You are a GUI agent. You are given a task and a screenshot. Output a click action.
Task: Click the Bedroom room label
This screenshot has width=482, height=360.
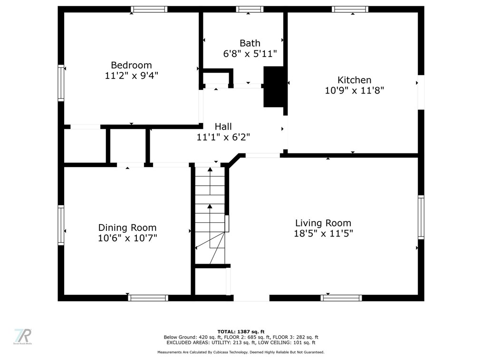[x=131, y=65]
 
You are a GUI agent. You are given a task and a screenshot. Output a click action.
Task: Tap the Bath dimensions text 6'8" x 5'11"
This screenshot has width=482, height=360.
[x=250, y=54]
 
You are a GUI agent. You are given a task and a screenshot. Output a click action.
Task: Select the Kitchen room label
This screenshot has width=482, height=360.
[x=355, y=80]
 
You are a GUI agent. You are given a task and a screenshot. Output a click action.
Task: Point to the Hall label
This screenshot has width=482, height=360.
[x=223, y=126]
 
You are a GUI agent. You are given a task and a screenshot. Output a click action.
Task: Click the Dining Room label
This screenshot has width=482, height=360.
[x=127, y=227]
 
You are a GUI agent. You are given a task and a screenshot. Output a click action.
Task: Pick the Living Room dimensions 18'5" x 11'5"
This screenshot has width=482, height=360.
[x=323, y=234]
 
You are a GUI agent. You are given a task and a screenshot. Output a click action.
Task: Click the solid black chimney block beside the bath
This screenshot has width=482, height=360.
[x=274, y=86]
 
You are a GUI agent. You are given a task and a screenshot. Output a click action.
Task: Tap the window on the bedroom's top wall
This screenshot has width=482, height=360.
[x=149, y=9]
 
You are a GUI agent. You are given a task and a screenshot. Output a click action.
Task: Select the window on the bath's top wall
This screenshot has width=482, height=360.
[x=250, y=9]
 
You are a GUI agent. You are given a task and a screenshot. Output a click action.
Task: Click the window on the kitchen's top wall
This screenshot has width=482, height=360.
[x=350, y=9]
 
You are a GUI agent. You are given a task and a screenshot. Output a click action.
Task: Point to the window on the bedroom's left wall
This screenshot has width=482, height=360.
[x=61, y=83]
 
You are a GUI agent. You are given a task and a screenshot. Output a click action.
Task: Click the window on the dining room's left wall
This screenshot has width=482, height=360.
[x=61, y=225]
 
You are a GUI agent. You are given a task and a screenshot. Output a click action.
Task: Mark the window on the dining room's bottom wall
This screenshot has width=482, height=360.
[x=148, y=298]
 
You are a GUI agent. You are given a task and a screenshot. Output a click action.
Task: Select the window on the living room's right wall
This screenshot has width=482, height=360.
[x=421, y=217]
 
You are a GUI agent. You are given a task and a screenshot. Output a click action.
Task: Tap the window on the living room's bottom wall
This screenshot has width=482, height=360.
[x=341, y=298]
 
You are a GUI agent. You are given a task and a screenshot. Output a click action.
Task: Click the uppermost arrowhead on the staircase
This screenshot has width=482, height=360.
[x=210, y=169]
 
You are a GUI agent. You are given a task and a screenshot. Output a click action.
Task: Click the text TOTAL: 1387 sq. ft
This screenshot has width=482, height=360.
[x=241, y=332]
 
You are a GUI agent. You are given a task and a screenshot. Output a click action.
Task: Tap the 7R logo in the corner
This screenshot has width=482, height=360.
[x=23, y=337]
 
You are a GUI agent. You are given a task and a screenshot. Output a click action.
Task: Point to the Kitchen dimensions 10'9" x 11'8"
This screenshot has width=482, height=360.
[x=355, y=91]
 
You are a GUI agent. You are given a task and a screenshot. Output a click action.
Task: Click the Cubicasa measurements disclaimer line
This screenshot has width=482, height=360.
[x=241, y=352]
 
